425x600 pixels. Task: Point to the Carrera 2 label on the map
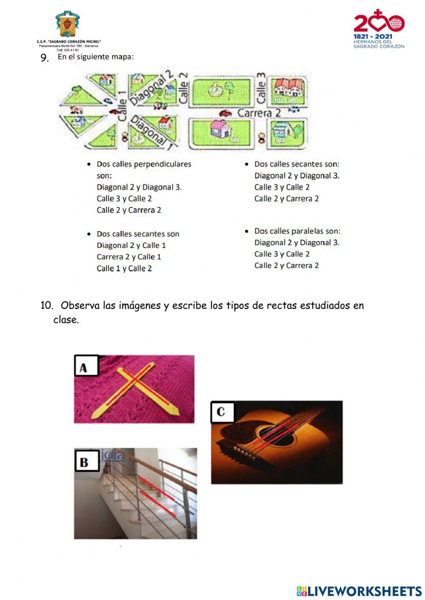(259, 113)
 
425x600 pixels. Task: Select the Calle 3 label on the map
(261, 88)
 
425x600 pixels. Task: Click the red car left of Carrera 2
(225, 113)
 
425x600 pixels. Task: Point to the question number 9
(45, 58)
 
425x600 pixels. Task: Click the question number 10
(47, 305)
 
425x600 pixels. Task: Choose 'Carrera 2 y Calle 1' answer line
(129, 257)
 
